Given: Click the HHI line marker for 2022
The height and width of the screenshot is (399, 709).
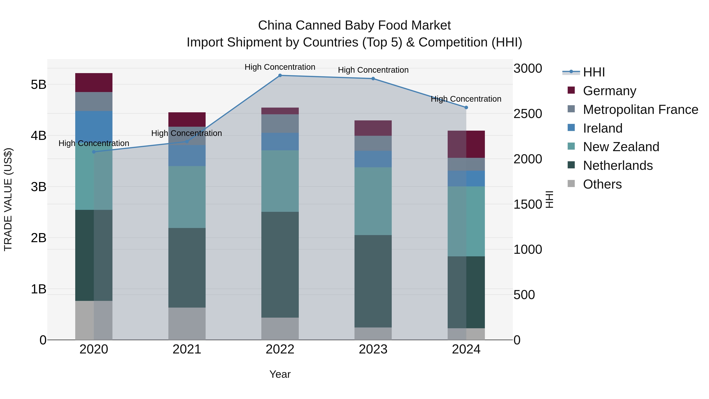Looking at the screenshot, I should pos(280,75).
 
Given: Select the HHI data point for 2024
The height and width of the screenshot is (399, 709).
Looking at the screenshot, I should pos(466,108).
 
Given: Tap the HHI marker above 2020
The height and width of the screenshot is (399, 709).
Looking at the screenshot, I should pos(94,152).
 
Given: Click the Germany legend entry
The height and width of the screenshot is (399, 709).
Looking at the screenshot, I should pos(609,91).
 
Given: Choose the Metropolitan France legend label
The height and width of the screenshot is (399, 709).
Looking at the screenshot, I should pos(640,110).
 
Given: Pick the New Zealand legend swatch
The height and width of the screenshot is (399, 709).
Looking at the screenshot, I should pos(571,146).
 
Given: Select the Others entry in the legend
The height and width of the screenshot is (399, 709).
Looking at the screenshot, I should pos(602,184).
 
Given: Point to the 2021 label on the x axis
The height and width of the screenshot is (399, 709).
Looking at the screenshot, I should pos(187,349).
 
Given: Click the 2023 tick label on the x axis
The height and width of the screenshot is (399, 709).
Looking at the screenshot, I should pos(373,349).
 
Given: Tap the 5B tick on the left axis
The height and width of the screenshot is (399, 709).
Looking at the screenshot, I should pos(39,85).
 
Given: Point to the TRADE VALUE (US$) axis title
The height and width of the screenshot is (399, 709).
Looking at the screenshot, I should pos(8,199).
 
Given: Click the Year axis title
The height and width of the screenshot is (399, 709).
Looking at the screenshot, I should pos(280,374).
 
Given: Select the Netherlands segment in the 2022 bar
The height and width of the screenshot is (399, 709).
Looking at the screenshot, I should pos(280,264).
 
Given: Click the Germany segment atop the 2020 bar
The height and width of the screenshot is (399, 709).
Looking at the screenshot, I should pos(94,83).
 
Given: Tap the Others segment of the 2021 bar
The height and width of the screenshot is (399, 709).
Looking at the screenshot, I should pos(187,324).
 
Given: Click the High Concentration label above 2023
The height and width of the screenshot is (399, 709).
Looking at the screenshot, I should pos(373,70).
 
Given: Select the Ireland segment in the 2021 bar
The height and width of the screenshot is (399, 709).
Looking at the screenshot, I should pos(187,156).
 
